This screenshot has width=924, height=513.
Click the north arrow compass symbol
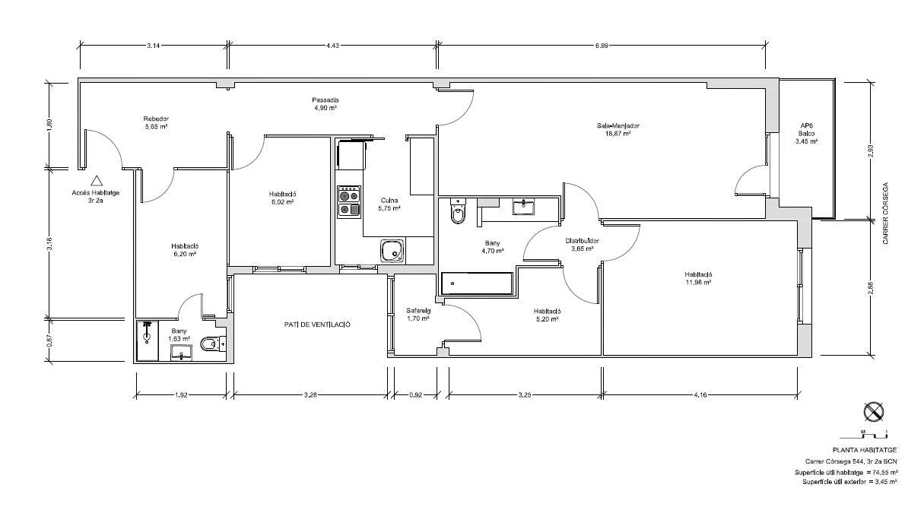874,412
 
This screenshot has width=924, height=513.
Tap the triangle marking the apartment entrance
97,180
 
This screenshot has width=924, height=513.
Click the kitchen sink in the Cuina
392,251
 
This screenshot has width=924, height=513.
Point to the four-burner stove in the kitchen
349,202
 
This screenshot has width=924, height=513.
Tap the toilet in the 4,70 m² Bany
458,211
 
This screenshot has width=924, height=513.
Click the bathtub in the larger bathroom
476,283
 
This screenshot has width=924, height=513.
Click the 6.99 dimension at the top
602,46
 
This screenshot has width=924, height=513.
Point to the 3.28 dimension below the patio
310,394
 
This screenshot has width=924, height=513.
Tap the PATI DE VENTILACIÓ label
317,325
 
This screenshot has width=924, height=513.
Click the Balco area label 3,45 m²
806,141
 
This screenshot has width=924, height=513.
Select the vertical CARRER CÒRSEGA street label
885,214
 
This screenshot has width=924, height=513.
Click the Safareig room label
418,311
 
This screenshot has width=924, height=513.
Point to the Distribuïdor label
582,241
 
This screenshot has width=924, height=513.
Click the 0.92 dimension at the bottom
415,394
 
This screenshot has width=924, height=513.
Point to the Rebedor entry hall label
156,119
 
